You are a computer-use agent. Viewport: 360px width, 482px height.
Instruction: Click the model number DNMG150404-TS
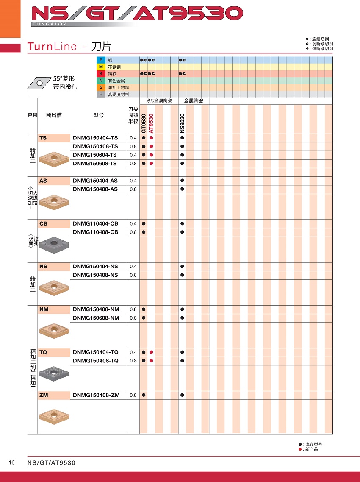(95, 138)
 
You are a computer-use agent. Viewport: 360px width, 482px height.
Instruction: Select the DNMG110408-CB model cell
(95, 232)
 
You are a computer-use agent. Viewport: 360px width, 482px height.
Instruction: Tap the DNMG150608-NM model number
(96, 318)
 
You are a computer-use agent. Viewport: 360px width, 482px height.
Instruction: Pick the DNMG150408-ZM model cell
(96, 395)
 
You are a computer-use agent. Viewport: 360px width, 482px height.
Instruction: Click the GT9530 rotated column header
(144, 123)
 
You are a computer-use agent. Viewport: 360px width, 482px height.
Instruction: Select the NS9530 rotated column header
(182, 123)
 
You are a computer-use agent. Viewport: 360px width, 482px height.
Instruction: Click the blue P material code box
(101, 60)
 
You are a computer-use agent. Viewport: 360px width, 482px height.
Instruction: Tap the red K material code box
(101, 74)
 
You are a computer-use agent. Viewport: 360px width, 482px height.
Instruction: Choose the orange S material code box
(101, 87)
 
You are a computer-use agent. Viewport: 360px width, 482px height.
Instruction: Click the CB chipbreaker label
(43, 223)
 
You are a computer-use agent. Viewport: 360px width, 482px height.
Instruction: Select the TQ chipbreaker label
(43, 352)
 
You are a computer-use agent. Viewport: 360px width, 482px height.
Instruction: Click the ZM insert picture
(54, 415)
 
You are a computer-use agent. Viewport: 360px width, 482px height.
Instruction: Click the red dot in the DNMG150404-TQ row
(151, 352)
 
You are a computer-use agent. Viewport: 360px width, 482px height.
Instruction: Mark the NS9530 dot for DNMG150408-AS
(182, 189)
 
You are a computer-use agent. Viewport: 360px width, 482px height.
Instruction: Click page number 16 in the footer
(12, 462)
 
